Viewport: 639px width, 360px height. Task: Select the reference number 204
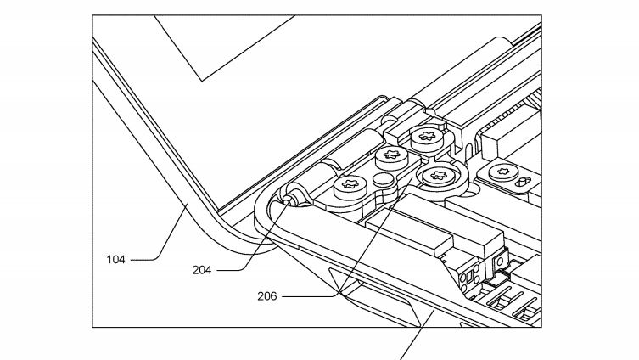[x=201, y=270]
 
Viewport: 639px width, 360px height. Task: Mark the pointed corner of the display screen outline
[x=201, y=81]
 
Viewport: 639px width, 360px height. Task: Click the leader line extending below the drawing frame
[x=411, y=344]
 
